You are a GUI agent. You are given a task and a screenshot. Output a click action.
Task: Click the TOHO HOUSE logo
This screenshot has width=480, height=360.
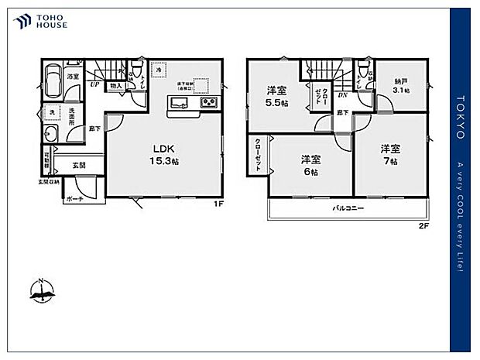39,22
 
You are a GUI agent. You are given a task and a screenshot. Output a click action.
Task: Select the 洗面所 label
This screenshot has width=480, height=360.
72,121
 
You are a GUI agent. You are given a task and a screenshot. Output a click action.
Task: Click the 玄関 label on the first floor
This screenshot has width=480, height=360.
80,164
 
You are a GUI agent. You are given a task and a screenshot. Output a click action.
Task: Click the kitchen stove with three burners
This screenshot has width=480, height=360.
210,103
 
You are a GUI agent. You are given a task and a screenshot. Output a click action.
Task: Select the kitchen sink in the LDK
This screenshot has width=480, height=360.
177,102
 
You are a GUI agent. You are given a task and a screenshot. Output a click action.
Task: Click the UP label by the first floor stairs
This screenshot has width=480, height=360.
94,84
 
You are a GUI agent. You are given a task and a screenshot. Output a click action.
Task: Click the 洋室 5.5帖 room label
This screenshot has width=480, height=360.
277,95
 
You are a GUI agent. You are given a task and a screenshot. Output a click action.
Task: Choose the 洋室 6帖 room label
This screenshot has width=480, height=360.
311,164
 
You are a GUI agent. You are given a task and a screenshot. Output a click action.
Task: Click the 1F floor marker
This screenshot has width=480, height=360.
219,204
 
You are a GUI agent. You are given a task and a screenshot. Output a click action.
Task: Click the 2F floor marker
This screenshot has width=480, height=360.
423,226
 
